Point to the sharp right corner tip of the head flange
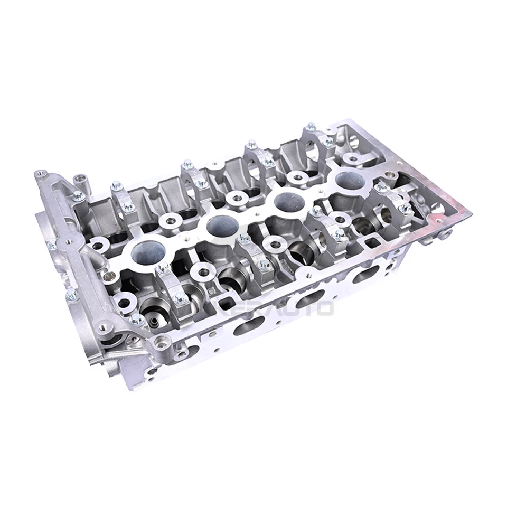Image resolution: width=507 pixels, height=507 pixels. point(471,214)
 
